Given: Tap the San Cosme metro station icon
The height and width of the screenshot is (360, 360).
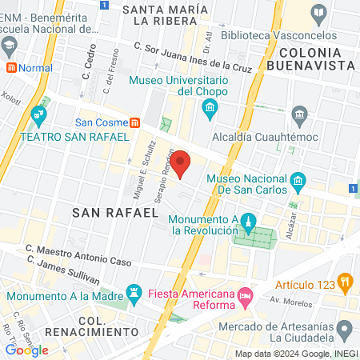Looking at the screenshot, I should click(135, 122).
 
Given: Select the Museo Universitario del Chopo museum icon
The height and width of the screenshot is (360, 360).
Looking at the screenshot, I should click(210, 109).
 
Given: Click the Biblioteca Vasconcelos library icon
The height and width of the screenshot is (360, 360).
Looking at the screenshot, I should click(319, 13).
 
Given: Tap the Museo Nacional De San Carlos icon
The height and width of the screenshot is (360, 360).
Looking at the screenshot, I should click(298, 180).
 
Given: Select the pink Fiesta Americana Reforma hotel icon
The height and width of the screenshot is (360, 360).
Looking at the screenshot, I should click(246, 298).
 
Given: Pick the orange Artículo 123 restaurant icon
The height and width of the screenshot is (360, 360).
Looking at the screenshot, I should click(345, 281).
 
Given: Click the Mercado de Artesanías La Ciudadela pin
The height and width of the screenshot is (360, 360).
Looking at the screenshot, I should click(345, 328).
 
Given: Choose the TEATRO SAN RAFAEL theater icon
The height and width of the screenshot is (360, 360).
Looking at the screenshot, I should click(38, 121).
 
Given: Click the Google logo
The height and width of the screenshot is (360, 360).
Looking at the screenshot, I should click(26, 350).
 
